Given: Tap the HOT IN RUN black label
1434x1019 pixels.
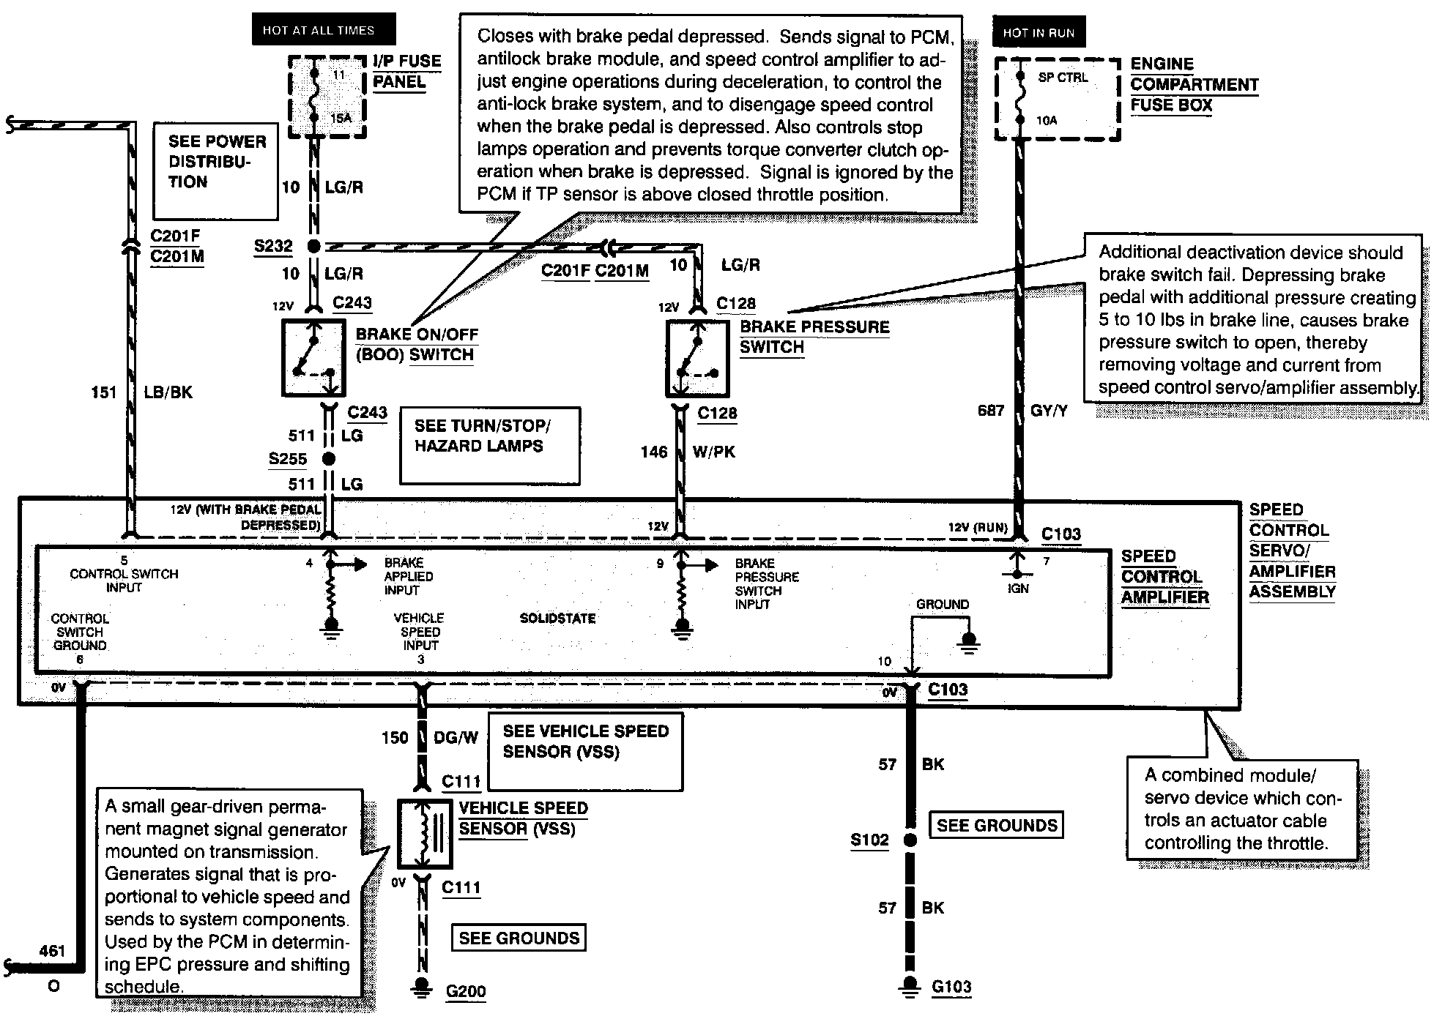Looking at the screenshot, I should tap(1038, 33).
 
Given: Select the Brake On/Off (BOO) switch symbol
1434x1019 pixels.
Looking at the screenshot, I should tap(313, 358).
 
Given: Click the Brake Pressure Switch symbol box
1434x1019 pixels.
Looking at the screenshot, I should tap(696, 359).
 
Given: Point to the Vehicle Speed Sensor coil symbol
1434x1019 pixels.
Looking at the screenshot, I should tap(424, 834).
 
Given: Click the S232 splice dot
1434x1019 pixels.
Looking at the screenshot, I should tap(313, 247).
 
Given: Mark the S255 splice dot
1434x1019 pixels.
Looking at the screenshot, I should tap(329, 459).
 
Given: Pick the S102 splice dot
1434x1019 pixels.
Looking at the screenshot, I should tap(910, 840).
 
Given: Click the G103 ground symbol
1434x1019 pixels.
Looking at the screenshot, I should tap(910, 986).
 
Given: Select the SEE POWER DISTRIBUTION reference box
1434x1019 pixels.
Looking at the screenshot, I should tap(216, 171).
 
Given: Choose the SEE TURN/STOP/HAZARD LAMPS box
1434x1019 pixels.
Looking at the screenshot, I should tap(489, 446).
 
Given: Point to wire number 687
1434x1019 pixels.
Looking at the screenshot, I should tap(990, 411).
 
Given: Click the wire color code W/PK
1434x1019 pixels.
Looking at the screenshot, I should tap(713, 452).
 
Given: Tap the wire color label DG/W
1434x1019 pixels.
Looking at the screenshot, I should tap(456, 738).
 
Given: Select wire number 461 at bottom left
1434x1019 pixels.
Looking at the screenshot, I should tap(52, 951).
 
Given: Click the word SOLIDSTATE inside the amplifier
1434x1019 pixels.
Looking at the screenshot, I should tap(557, 619).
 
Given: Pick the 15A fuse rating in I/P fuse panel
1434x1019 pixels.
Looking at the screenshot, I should tap(341, 117).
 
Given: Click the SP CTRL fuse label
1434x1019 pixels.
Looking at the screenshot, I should tap(1063, 78).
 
